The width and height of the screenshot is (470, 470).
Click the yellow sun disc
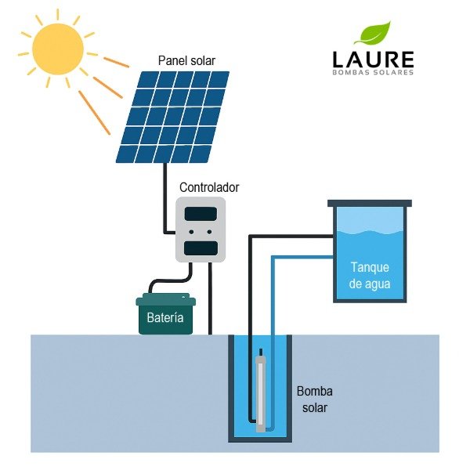click(56, 49)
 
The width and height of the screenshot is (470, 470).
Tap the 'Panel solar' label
click(186, 60)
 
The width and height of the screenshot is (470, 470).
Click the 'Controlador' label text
click(209, 188)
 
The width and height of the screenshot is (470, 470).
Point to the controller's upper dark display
click(201, 213)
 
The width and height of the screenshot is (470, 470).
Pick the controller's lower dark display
click(201, 248)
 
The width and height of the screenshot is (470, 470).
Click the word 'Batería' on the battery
click(165, 318)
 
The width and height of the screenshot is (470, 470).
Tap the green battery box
click(166, 313)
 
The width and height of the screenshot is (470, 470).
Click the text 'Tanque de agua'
click(370, 276)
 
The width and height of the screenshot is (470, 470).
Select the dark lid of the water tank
click(370, 203)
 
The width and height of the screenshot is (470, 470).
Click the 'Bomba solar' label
click(313, 399)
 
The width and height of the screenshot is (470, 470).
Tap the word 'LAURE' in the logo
click(372, 59)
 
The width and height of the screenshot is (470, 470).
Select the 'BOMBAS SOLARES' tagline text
click(372, 73)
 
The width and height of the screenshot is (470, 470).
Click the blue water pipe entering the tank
click(302, 259)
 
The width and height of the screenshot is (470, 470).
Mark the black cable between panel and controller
click(164, 196)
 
